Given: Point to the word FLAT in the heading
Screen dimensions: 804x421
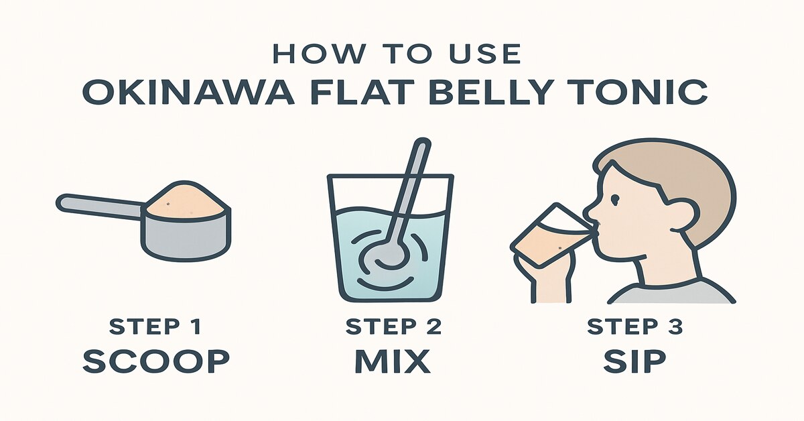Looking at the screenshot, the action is click(x=350, y=92).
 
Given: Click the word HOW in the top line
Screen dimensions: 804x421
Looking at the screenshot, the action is click(x=317, y=54).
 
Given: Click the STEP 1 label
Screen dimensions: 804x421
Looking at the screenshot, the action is click(x=155, y=326).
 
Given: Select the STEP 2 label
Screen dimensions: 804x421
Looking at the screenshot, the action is click(x=393, y=326).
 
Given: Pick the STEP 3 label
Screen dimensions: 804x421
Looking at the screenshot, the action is click(x=634, y=326).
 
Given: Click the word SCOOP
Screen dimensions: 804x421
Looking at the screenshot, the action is click(x=156, y=361).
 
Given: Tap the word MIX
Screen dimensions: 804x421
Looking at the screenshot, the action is click(x=393, y=361).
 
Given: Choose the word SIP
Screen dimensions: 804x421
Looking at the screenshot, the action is click(x=634, y=361).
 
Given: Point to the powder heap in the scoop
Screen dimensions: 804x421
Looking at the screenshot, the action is click(x=188, y=200).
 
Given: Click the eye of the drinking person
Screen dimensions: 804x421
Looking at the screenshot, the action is click(x=615, y=198).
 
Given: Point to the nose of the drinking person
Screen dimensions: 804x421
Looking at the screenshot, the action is click(x=589, y=211).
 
